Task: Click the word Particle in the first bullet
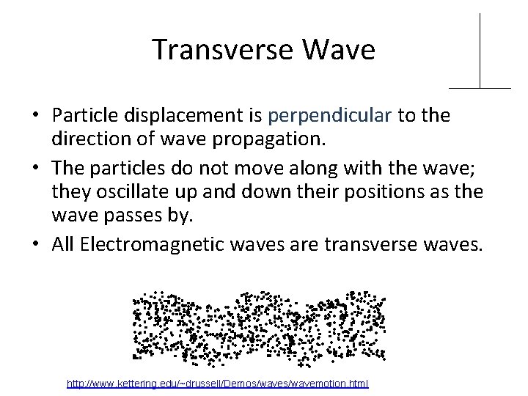click(x=81, y=116)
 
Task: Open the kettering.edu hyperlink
click(x=217, y=384)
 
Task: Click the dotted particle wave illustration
click(x=258, y=326)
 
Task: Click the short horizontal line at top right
click(x=480, y=88)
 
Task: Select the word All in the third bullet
click(x=64, y=243)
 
